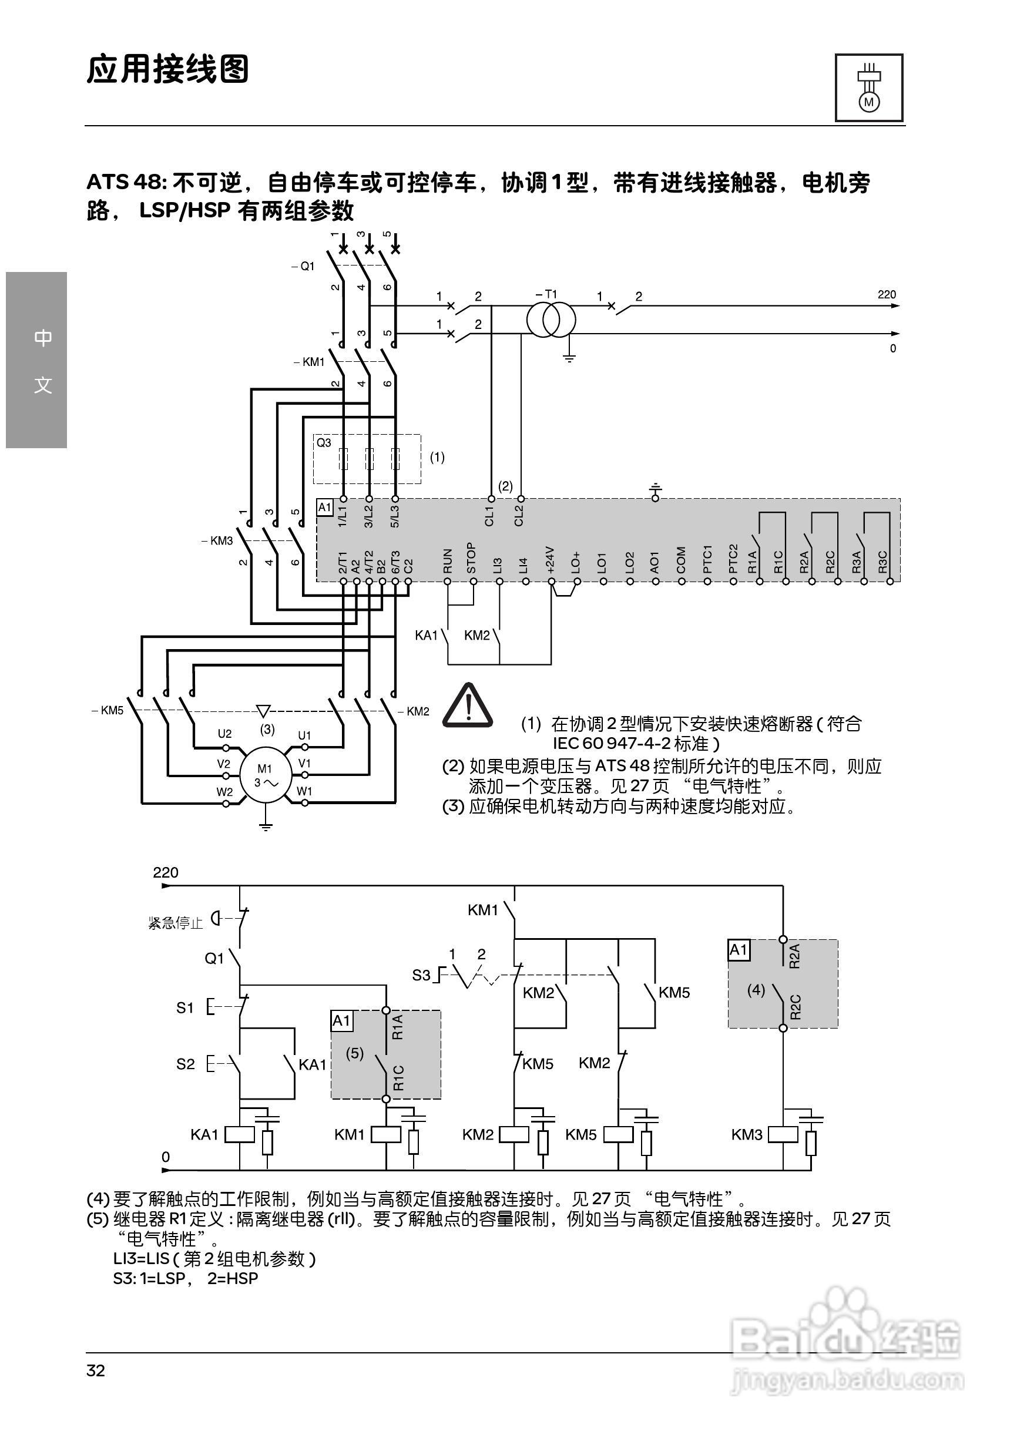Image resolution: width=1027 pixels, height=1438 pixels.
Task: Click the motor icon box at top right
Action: click(868, 88)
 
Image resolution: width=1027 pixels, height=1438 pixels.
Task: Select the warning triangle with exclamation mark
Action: click(468, 705)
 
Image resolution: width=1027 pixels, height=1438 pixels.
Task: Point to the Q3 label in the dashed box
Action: click(324, 443)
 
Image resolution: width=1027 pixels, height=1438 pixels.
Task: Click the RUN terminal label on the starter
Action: click(448, 560)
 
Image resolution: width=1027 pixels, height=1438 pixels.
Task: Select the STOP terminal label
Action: click(471, 558)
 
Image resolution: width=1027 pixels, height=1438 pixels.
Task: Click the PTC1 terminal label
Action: click(707, 559)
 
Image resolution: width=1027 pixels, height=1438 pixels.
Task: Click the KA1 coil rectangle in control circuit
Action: click(240, 1134)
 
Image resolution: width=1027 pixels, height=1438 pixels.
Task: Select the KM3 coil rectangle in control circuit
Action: click(783, 1134)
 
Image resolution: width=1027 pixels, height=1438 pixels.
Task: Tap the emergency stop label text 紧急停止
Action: click(175, 923)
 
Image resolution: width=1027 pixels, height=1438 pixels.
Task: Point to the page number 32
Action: click(96, 1370)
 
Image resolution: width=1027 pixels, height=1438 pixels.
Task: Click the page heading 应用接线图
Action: click(167, 69)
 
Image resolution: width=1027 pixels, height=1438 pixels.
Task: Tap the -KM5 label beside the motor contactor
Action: click(108, 710)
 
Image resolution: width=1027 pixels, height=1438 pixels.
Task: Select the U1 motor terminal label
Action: click(304, 735)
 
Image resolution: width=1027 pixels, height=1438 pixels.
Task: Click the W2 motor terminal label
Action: click(224, 792)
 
